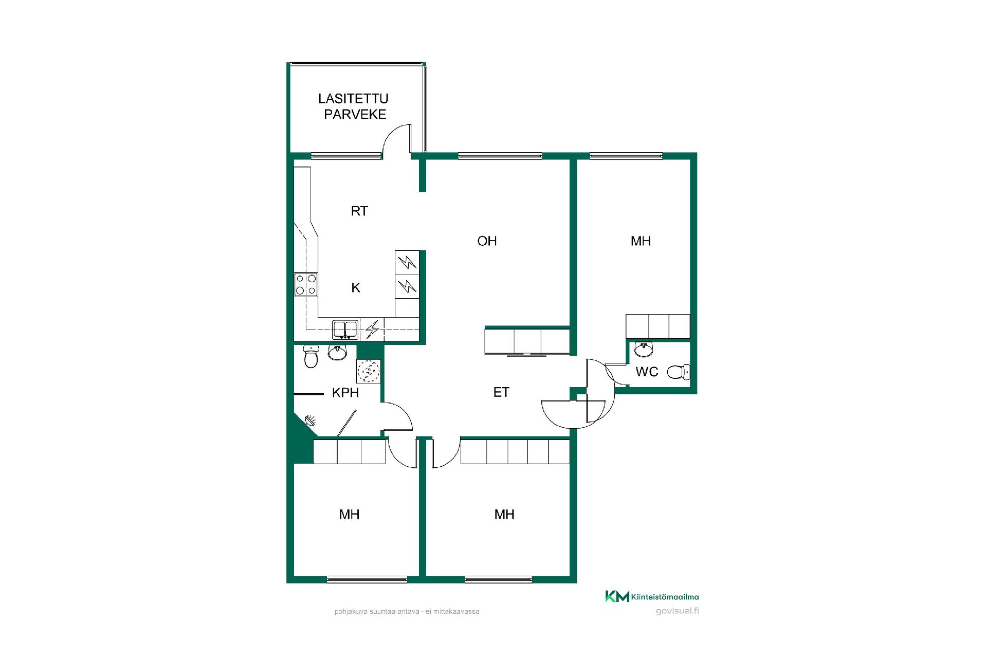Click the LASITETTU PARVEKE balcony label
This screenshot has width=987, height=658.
pyautogui.click(x=353, y=106)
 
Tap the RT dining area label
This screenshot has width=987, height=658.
pyautogui.click(x=359, y=211)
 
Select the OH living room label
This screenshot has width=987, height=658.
pyautogui.click(x=487, y=241)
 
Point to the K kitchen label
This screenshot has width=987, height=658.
pyautogui.click(x=356, y=288)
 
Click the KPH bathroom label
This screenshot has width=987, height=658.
pyautogui.click(x=345, y=393)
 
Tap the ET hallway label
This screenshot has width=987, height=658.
pyautogui.click(x=501, y=392)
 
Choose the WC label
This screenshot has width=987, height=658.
pyautogui.click(x=647, y=372)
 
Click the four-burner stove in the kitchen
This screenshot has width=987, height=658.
pyautogui.click(x=306, y=284)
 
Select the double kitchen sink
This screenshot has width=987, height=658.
pyautogui.click(x=345, y=330)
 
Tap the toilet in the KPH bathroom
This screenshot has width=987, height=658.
pyautogui.click(x=310, y=356)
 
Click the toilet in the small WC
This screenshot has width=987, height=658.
pyautogui.click(x=678, y=371)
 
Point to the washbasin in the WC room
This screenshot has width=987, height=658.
pyautogui.click(x=644, y=349)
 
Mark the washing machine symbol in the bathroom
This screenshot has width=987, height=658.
pyautogui.click(x=368, y=371)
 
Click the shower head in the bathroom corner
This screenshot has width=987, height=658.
pyautogui.click(x=310, y=421)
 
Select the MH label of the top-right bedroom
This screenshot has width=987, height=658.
pyautogui.click(x=641, y=241)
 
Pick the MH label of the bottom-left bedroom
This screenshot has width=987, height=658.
pyautogui.click(x=349, y=514)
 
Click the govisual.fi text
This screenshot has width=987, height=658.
pyautogui.click(x=678, y=611)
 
